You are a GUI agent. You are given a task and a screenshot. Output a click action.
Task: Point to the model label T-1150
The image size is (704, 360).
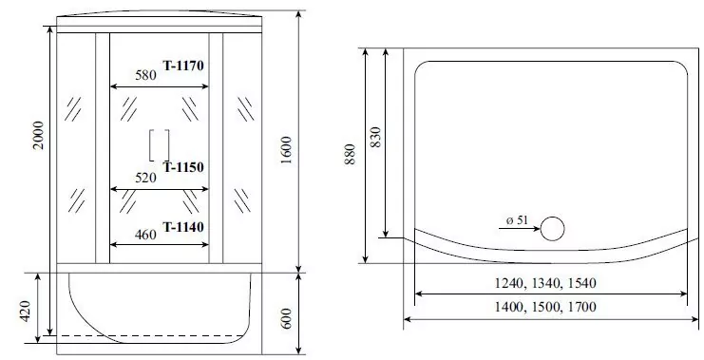pyautogui.click(x=183, y=167)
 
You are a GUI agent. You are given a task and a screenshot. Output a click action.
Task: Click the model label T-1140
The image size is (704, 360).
pyautogui.click(x=183, y=226)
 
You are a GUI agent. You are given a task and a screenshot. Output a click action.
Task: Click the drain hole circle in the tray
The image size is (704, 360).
pyautogui.click(x=551, y=227)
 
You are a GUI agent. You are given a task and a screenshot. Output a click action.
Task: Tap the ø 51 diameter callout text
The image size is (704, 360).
pyautogui.click(x=517, y=220)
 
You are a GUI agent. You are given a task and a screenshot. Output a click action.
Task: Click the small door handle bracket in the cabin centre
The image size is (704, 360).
pyautogui.click(x=159, y=145)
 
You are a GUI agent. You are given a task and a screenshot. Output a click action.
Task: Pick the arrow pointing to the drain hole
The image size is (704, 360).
pyautogui.click(x=518, y=229)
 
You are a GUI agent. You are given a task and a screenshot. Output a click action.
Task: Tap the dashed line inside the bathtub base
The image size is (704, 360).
pyautogui.click(x=143, y=336)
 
